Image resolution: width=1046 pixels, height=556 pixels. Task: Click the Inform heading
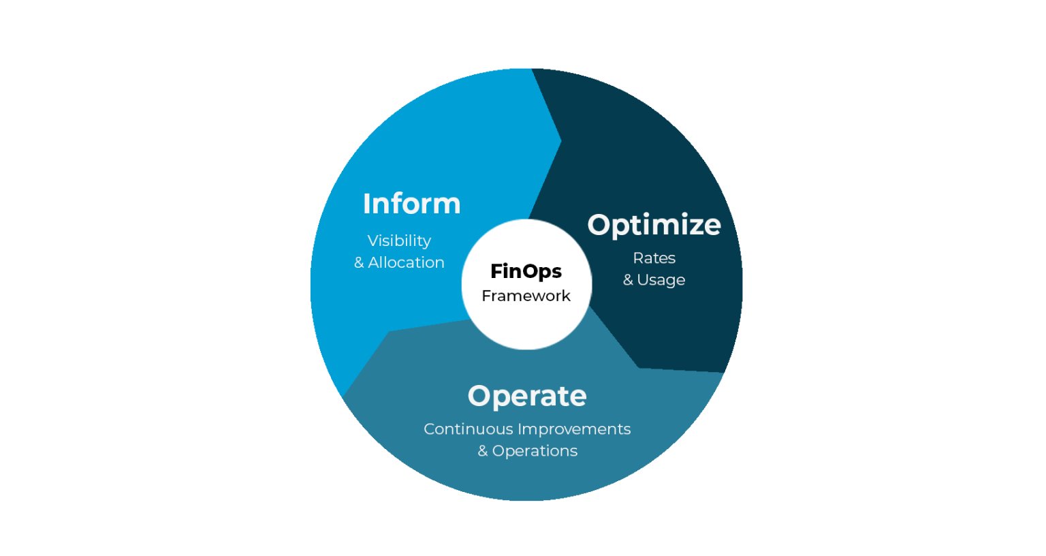pos(411,204)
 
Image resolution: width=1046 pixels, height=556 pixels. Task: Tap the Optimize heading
pos(654,225)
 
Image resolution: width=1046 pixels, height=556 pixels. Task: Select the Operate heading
pos(527,396)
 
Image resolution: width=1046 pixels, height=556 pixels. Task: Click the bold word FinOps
pos(526,271)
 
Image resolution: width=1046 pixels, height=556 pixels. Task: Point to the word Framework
pos(526,296)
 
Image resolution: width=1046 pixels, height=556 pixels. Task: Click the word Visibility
pos(399,241)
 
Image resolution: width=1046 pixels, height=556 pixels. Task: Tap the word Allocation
pos(406,262)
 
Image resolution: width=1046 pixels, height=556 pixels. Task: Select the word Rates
pos(654,258)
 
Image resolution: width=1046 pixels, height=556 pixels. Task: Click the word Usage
pos(661,280)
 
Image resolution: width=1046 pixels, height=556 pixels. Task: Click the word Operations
pos(535,451)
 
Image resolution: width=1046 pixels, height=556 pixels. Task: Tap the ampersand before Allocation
pos(359,263)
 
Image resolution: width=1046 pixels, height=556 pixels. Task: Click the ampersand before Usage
pos(628,280)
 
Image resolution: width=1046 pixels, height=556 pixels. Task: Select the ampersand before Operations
pos(483,451)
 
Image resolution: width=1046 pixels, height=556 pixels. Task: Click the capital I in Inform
pos(366,204)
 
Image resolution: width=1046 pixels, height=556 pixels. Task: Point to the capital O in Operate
pos(479,396)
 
